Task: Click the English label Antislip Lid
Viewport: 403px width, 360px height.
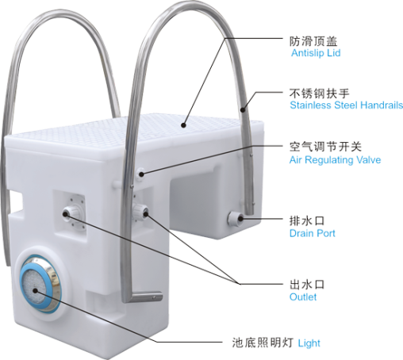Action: (316, 53)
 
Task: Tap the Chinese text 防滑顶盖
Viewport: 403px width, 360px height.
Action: (313, 41)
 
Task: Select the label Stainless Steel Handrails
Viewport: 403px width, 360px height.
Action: (347, 105)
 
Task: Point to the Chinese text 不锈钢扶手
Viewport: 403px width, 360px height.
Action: (320, 94)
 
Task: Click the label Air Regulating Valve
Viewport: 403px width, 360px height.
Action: (335, 160)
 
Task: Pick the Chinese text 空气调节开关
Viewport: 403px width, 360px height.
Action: (325, 147)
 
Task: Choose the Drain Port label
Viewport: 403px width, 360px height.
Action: (313, 233)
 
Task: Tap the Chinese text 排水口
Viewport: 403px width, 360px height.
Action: (307, 221)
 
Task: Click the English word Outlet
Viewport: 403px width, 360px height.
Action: (303, 297)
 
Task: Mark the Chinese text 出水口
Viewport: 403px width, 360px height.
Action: (307, 285)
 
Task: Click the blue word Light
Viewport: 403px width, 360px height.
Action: (309, 343)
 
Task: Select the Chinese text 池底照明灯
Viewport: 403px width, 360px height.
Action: (263, 343)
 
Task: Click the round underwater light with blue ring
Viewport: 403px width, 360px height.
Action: (40, 282)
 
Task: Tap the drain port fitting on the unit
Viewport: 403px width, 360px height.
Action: (236, 218)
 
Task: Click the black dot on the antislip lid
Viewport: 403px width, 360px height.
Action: (183, 125)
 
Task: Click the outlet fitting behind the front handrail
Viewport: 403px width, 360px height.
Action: (140, 212)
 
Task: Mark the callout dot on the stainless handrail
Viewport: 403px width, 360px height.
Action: (243, 109)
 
